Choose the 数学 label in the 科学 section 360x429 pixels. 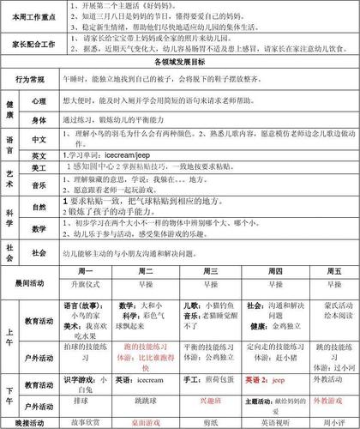pos(39,229)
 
